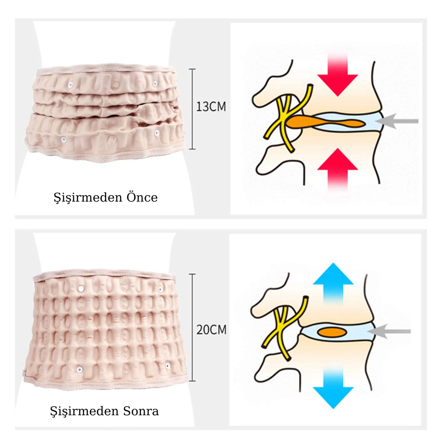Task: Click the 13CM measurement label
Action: (211, 107)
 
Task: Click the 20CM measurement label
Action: (211, 330)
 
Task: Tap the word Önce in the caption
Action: (142, 198)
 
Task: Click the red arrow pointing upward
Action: (337, 168)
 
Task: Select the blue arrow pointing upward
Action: (333, 281)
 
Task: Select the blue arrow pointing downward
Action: (333, 387)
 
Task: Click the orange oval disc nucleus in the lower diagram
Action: (333, 332)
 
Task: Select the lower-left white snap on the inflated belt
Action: (79, 369)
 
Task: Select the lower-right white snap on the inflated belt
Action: (168, 366)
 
